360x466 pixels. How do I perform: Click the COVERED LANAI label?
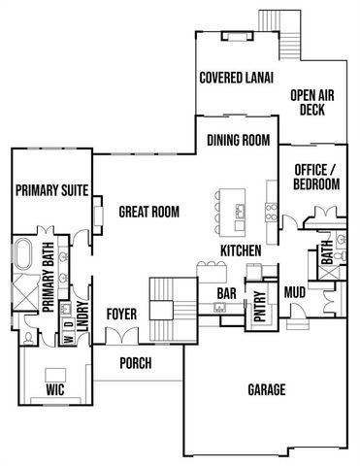click(x=234, y=79)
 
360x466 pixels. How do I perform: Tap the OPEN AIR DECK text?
click(x=317, y=103)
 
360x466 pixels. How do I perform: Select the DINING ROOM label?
click(x=238, y=140)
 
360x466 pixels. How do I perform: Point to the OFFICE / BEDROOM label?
click(x=316, y=176)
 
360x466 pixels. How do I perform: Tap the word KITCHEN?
click(x=242, y=250)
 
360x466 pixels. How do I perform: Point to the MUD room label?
click(x=296, y=290)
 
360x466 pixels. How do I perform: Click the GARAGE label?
click(x=265, y=390)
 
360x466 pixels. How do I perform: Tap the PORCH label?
click(x=136, y=364)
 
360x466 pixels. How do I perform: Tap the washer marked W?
click(x=67, y=339)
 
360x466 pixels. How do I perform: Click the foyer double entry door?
click(x=122, y=337)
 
